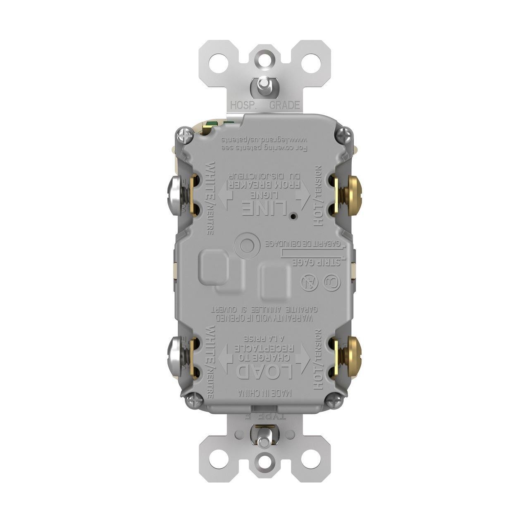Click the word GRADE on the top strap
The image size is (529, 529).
pos(284,105)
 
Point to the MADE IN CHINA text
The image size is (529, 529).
pos(264,393)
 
